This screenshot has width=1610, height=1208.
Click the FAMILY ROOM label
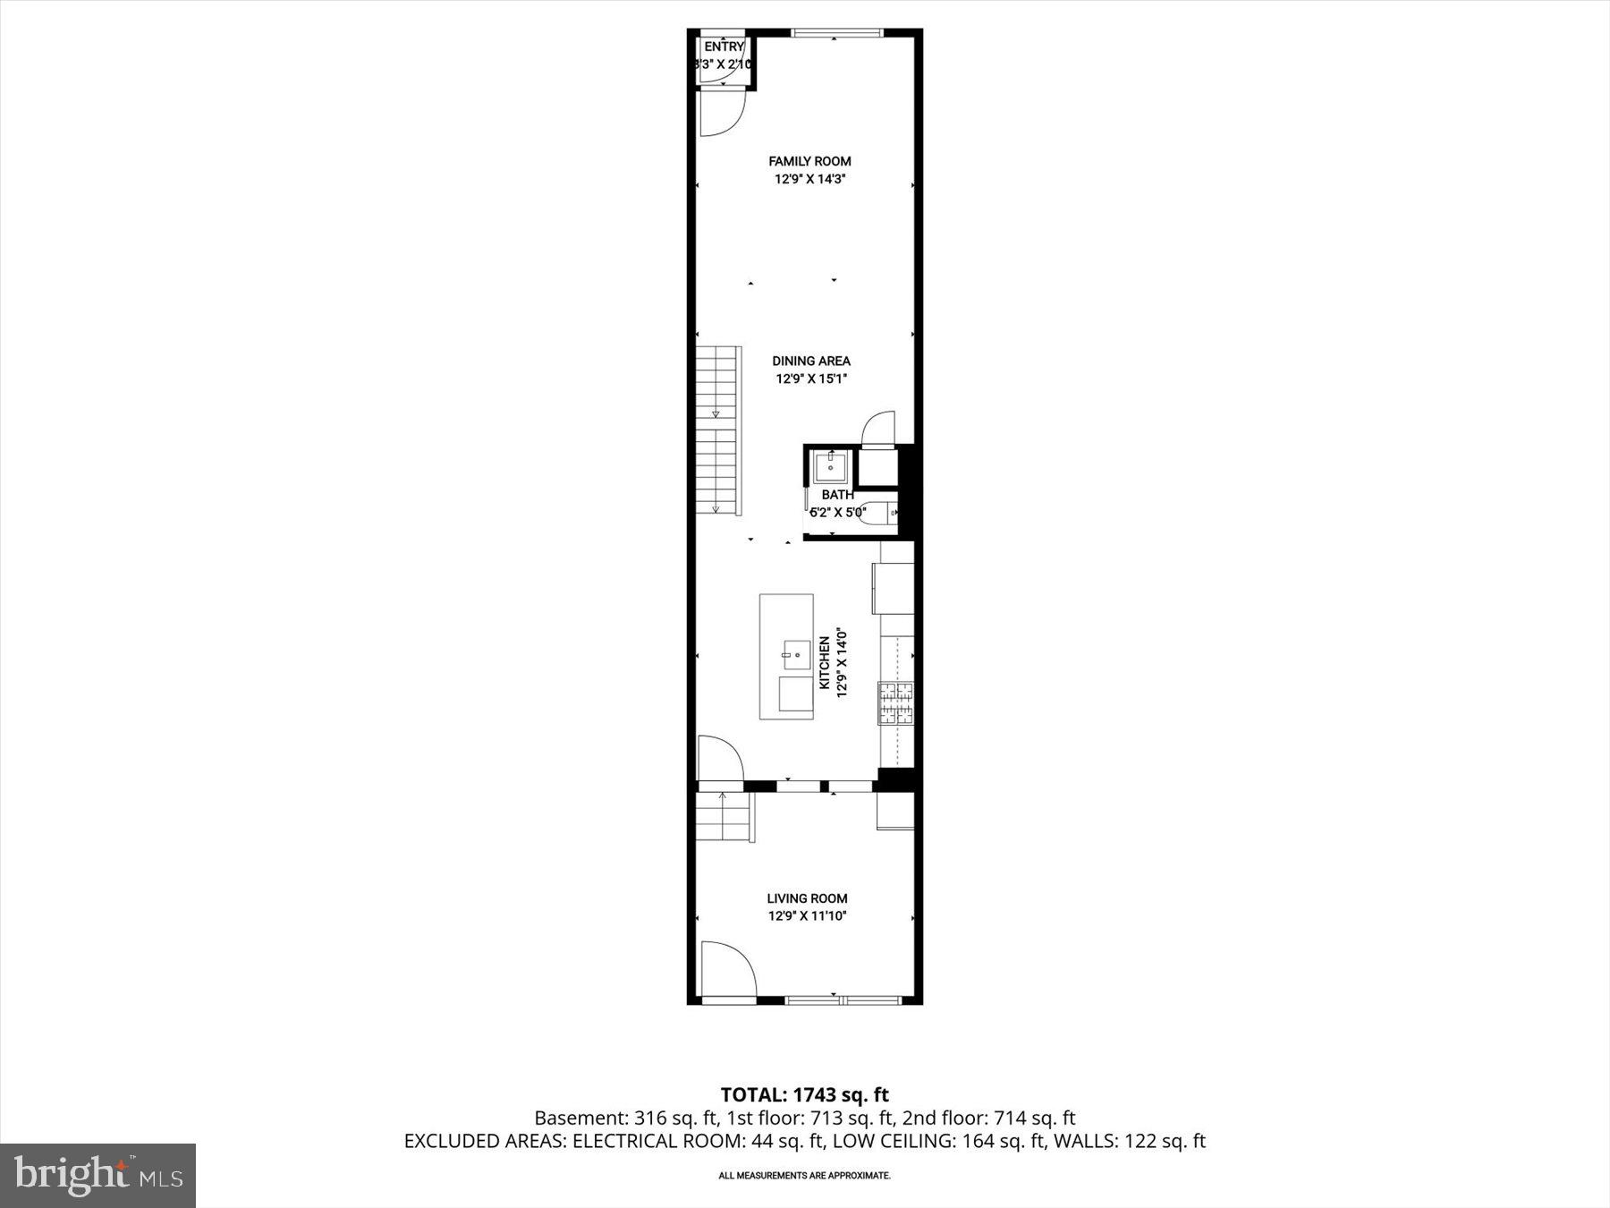809,161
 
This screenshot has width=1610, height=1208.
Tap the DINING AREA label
811,361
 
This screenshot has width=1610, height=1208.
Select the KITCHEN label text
824,663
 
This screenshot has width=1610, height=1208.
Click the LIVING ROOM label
807,898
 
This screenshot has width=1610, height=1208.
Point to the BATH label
837,495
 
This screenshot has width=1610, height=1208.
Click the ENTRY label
724,47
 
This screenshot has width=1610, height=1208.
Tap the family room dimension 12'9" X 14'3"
809,179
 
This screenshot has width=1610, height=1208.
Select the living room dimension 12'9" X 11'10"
807,916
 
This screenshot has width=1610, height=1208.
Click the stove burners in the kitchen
896,702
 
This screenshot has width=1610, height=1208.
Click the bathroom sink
831,467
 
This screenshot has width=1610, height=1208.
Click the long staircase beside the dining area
719,430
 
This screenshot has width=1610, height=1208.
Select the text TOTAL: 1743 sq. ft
804,1094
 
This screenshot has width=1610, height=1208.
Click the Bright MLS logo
97,1175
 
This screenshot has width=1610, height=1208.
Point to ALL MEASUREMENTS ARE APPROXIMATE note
804,1176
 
